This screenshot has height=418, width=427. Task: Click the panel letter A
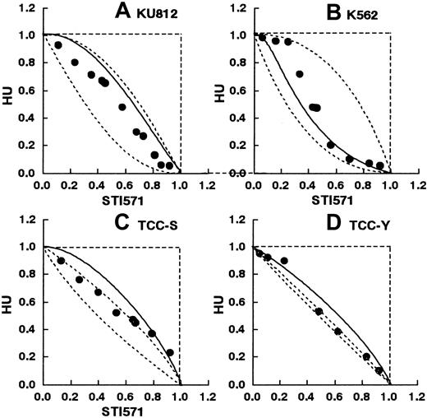click(124, 12)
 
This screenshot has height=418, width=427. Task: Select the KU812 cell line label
click(159, 14)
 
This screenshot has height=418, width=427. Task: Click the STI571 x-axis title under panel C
click(110, 409)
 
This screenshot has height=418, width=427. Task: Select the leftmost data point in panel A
click(57, 45)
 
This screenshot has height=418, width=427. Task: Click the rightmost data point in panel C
click(170, 352)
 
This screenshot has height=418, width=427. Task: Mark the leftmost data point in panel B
click(262, 37)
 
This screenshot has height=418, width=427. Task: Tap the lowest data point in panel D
click(379, 370)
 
